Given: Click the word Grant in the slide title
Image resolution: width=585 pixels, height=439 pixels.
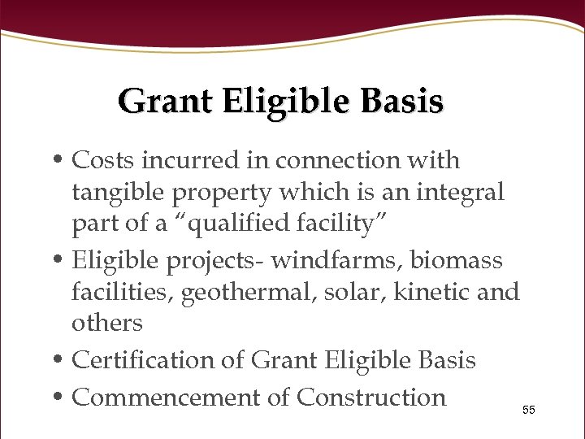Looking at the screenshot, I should pos(166,102).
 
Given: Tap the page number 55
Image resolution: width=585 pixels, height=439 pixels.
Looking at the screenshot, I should pos(529,410).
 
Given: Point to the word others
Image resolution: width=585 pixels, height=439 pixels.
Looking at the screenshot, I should pos(106,324).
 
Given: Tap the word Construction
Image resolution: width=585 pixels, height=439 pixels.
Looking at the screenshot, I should pos(371,398).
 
